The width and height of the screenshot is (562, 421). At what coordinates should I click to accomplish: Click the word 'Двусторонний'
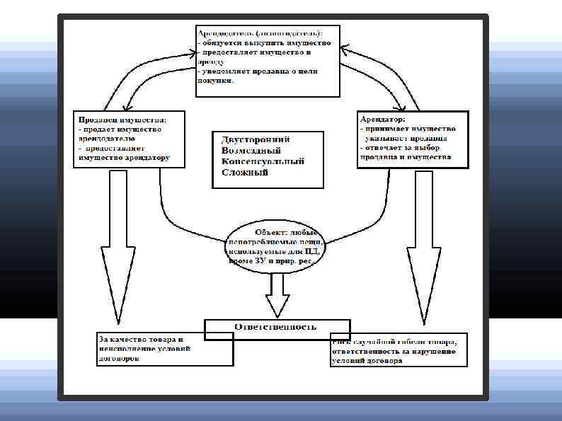[x=256, y=140]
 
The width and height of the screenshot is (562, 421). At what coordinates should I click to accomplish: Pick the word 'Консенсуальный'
[x=263, y=161]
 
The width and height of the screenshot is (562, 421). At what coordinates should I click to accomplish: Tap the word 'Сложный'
[x=245, y=173]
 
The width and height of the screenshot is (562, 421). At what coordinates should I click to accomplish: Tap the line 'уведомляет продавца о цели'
[x=258, y=71]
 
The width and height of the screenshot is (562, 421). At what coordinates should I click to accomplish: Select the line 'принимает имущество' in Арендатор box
[x=407, y=129]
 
